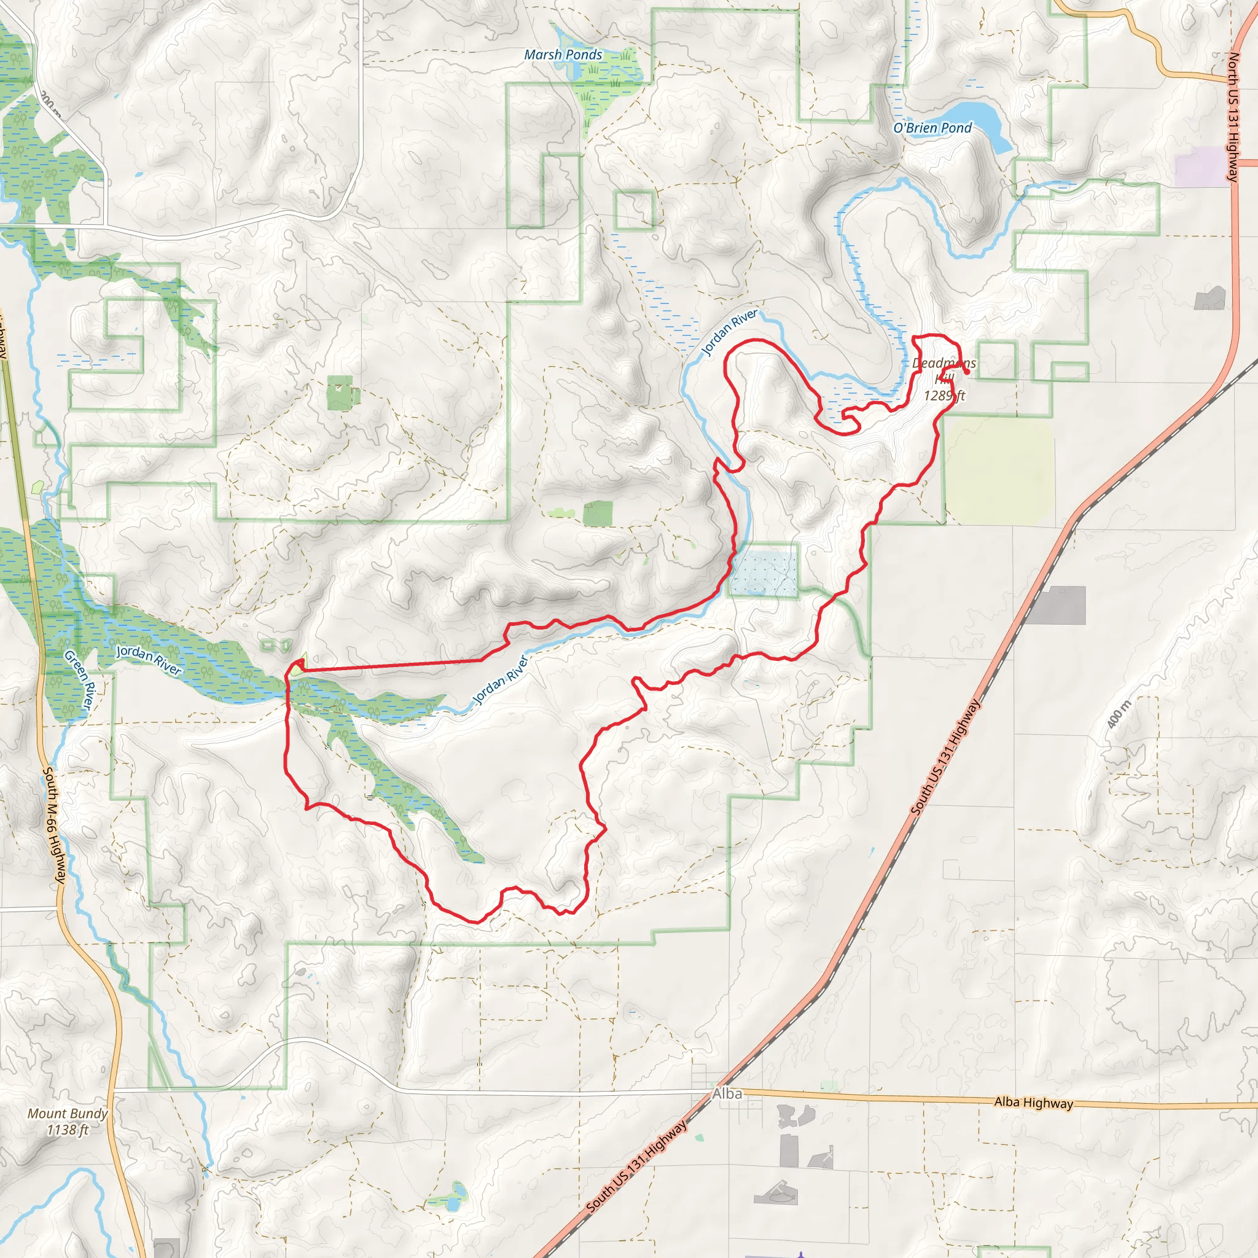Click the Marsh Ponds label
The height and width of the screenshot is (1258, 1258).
[x=563, y=55]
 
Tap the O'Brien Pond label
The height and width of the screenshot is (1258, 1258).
[x=932, y=128]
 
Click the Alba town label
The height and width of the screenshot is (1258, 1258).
[x=727, y=1094]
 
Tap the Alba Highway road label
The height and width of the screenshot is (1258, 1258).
[x=1033, y=1103]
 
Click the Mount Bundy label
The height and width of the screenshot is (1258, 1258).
[x=68, y=1114]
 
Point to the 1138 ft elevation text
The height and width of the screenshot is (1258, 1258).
[x=68, y=1130]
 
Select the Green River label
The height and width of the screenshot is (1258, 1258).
[x=80, y=680]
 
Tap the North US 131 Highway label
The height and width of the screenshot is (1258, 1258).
[x=1233, y=117]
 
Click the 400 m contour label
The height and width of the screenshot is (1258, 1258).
[x=1119, y=714]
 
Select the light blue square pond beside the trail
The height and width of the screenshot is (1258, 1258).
[x=764, y=573]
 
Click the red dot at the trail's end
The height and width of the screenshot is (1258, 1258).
[x=967, y=372]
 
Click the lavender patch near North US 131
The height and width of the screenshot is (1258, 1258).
[x=1201, y=166]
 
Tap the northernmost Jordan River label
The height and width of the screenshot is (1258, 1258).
[x=729, y=332]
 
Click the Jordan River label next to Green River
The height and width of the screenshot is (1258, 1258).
[x=149, y=660]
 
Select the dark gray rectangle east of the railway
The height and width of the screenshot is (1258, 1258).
[x=1060, y=605]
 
